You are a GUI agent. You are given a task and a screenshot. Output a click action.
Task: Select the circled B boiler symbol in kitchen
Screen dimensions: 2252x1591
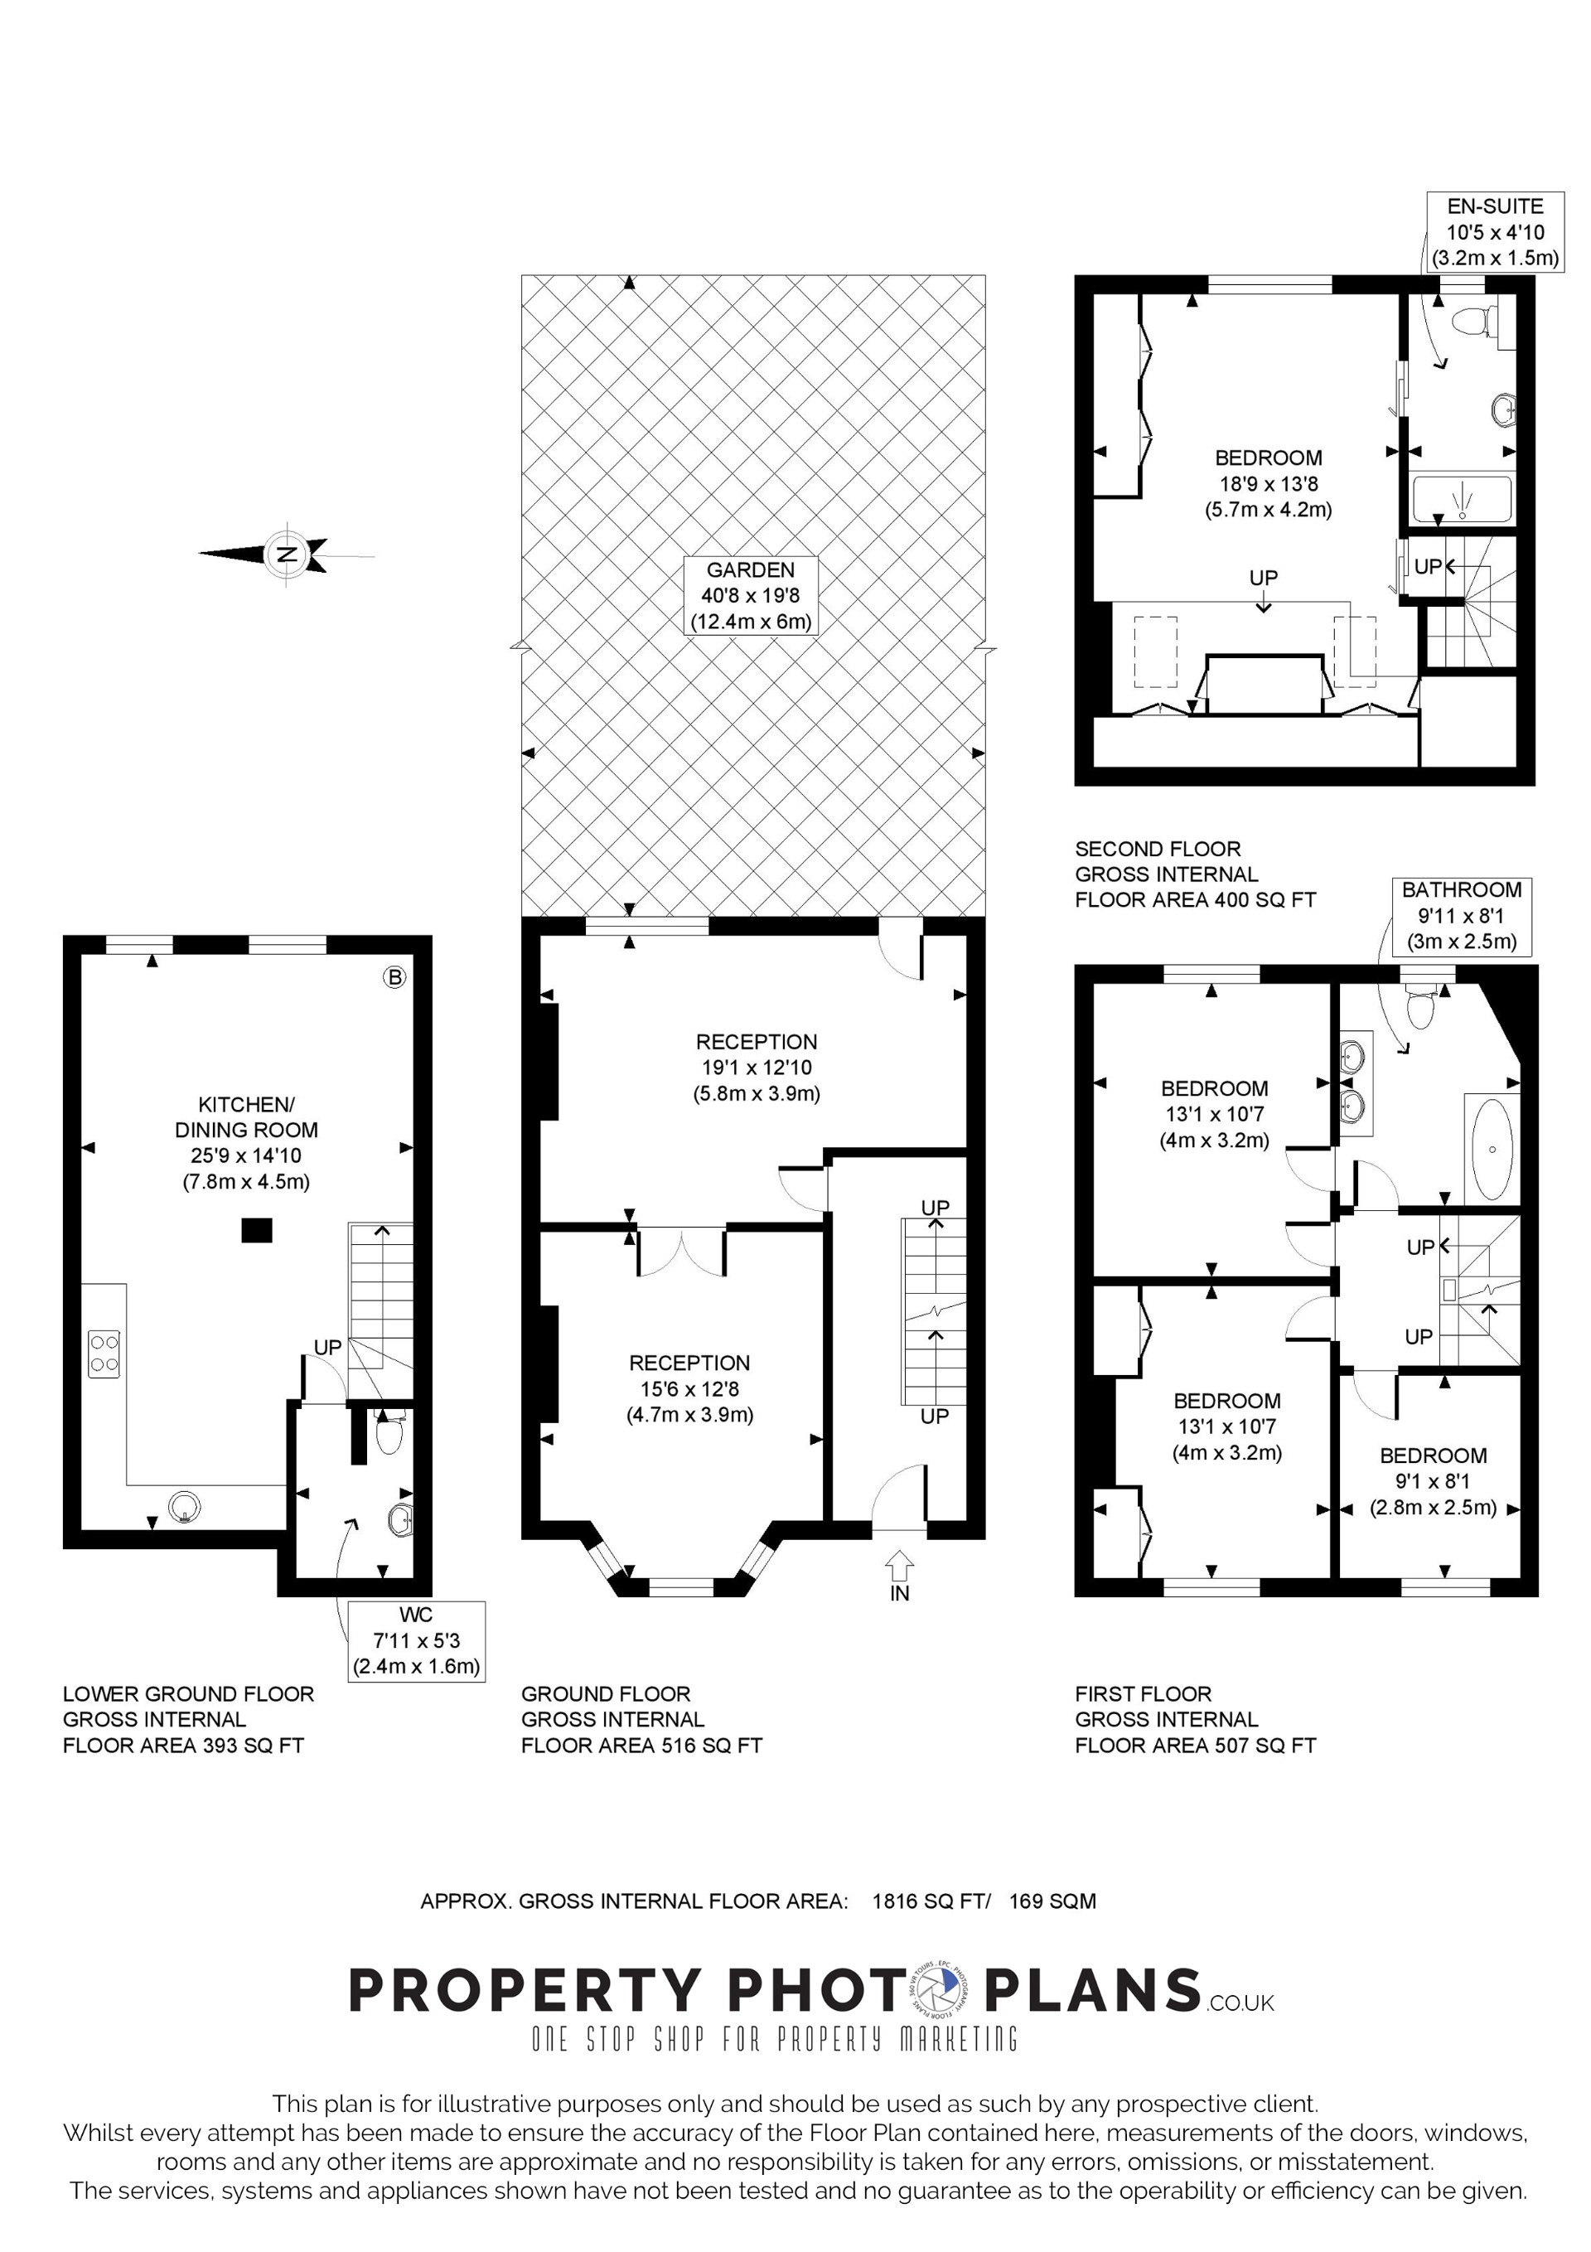coord(394,977)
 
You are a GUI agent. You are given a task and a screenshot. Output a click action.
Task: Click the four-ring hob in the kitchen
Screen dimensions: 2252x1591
coord(104,1354)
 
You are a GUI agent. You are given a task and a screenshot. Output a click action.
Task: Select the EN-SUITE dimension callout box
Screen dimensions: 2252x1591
coord(1495,232)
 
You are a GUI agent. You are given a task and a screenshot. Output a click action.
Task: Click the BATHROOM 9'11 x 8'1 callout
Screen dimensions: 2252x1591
coord(1462,915)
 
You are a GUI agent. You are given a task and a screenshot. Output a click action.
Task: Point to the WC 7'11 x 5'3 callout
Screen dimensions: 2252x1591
coord(416,1640)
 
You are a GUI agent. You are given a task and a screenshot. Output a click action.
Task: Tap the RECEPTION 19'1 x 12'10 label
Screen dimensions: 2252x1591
coord(757,1067)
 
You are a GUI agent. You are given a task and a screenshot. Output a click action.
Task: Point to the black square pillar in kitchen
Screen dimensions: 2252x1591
coord(257,1230)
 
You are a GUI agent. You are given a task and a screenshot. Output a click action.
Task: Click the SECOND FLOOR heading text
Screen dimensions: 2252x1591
coord(1158,849)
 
